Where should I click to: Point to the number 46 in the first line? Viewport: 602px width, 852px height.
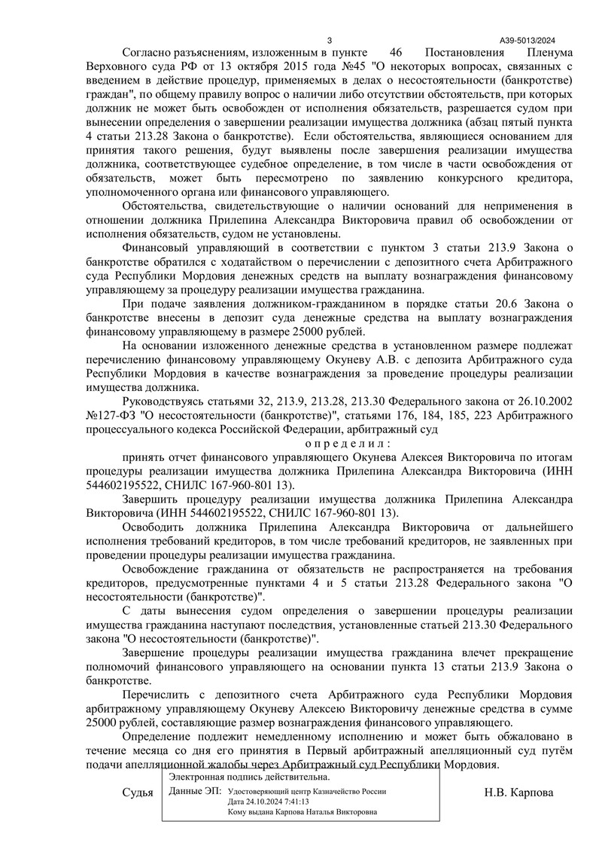point(398,53)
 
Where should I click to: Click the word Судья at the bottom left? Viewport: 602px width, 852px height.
point(137,793)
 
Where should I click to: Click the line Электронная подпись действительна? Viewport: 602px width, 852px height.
point(248,777)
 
